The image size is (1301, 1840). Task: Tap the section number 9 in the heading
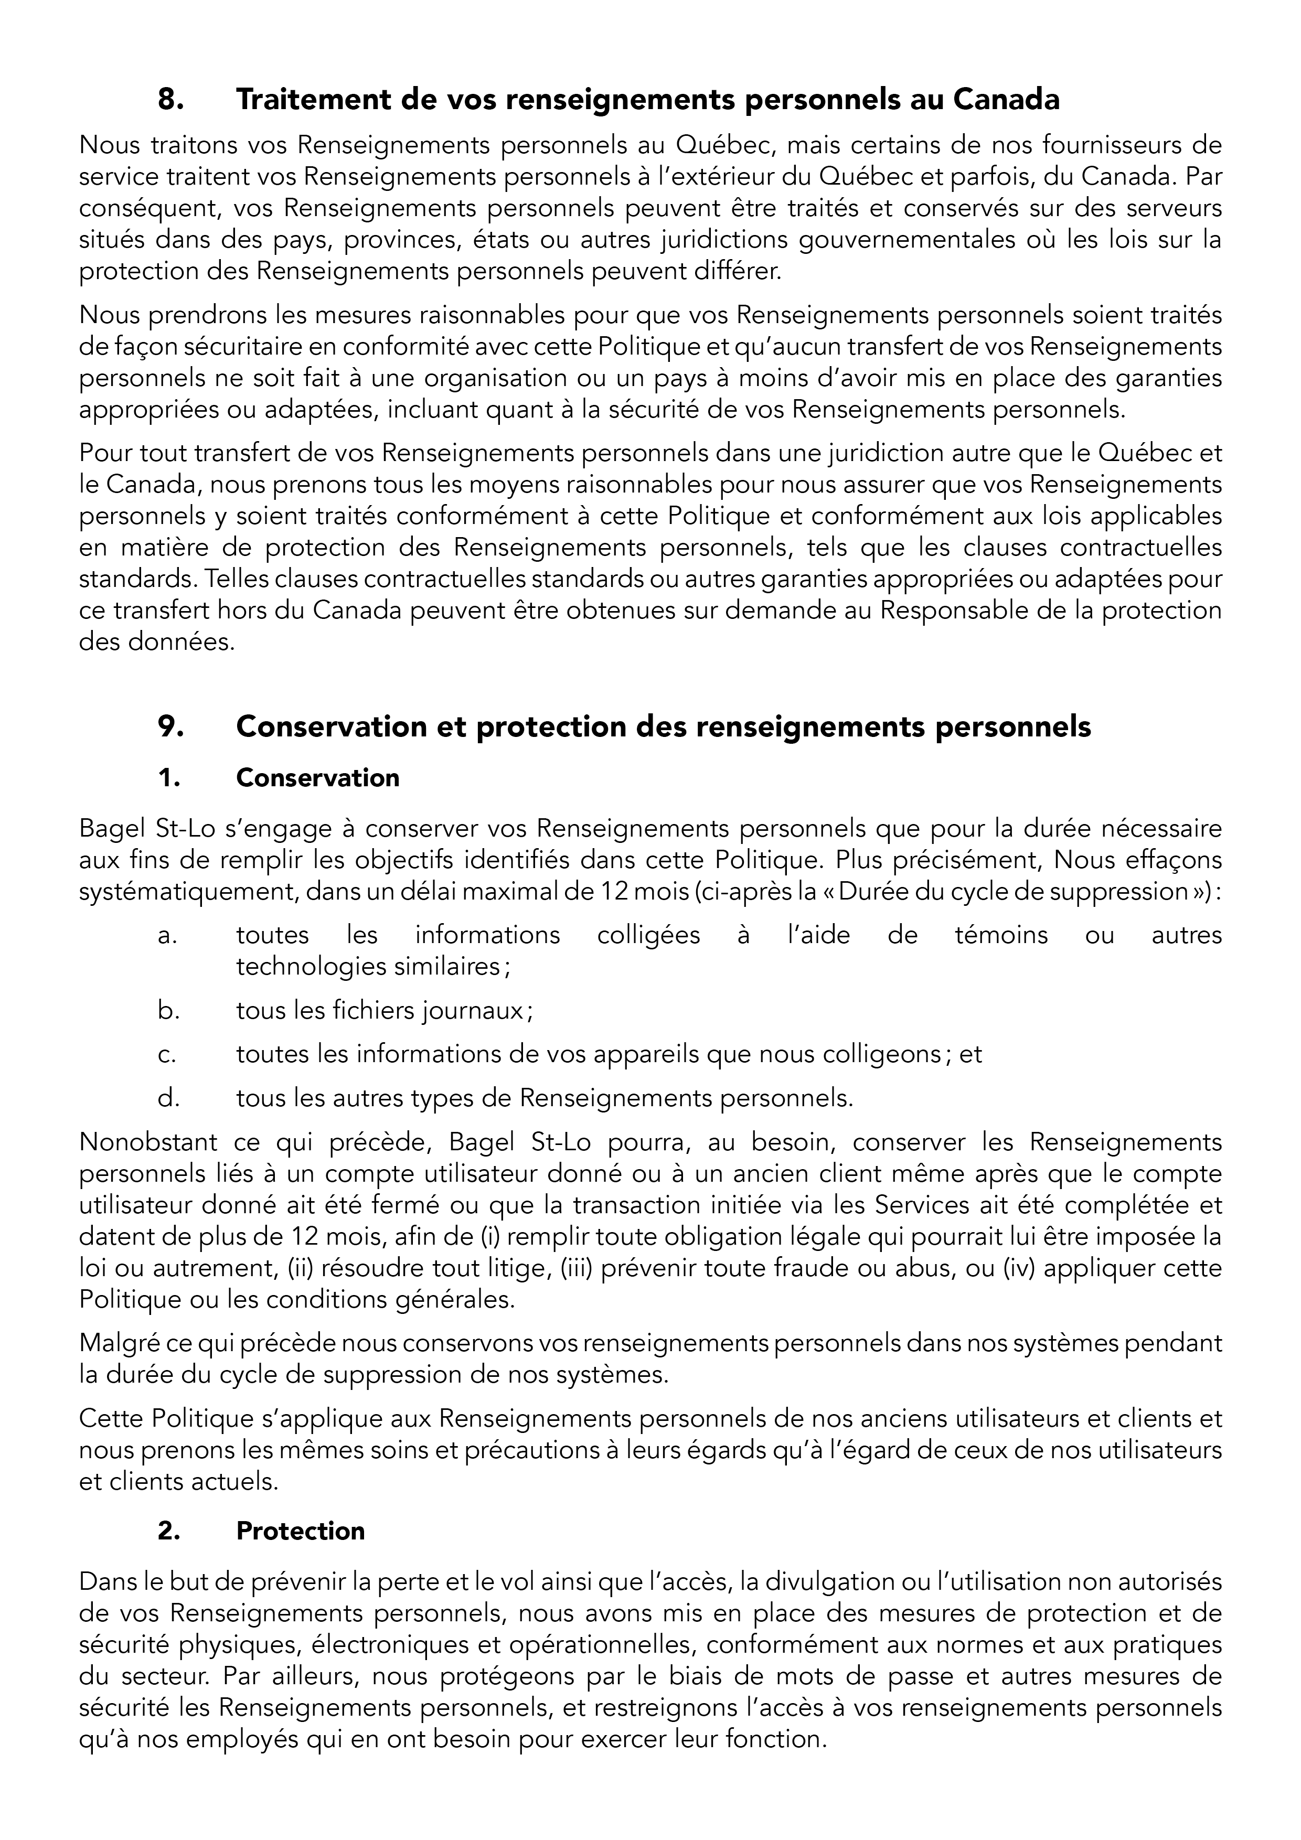click(170, 727)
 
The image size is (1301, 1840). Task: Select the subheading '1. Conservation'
click(317, 778)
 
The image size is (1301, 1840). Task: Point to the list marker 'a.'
click(167, 935)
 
